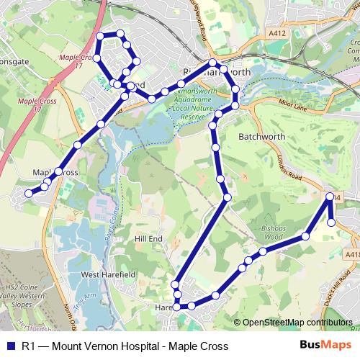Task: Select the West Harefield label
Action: (108, 275)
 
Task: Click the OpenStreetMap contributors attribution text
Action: (297, 323)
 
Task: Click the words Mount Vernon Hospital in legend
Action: (98, 346)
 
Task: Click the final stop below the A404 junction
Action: (332, 222)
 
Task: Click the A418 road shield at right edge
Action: (352, 254)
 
